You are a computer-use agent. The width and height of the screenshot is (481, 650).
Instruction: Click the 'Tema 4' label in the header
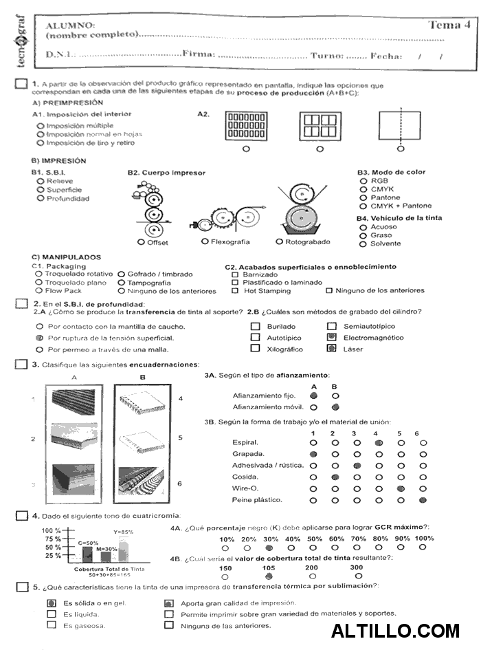(x=449, y=25)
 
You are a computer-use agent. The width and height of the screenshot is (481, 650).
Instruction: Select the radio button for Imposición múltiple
(x=41, y=126)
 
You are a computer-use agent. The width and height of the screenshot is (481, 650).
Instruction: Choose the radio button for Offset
(x=141, y=242)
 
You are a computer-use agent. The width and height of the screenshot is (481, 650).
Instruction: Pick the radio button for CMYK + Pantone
(x=363, y=206)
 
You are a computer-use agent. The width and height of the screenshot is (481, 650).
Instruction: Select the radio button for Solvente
(x=363, y=243)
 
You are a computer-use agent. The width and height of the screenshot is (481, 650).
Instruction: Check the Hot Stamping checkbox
(x=235, y=290)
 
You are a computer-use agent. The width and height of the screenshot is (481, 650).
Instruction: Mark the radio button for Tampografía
(x=121, y=282)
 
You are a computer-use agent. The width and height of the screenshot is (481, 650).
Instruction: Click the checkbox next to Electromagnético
(x=332, y=338)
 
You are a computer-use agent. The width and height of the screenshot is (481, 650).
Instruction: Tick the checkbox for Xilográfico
(x=255, y=349)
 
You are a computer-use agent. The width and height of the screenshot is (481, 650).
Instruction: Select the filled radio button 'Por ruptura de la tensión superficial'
(x=39, y=338)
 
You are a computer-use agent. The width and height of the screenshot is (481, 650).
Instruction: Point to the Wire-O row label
(x=245, y=488)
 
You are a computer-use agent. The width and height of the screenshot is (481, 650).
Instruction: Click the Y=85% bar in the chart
(x=124, y=550)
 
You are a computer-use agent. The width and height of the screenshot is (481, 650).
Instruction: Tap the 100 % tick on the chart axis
(x=52, y=530)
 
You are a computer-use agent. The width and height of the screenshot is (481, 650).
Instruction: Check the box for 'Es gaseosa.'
(x=51, y=625)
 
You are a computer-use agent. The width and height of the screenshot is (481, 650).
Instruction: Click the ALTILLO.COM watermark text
(x=395, y=630)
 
